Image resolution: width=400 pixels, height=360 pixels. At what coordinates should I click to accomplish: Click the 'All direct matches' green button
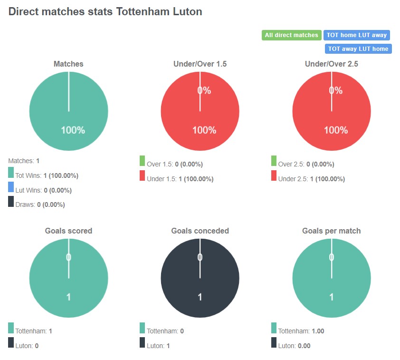pyautogui.click(x=291, y=35)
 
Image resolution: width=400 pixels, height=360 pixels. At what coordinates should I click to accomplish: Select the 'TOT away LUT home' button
pyautogui.click(x=358, y=49)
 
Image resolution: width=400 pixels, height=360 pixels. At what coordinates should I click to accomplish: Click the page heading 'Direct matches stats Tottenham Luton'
pyautogui.click(x=105, y=12)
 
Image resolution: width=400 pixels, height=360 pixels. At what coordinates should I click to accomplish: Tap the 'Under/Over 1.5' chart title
pyautogui.click(x=200, y=64)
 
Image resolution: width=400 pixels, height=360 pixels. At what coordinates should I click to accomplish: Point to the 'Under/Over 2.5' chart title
pyautogui.click(x=331, y=64)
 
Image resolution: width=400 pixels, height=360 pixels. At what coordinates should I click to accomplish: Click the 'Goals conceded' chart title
pyautogui.click(x=200, y=231)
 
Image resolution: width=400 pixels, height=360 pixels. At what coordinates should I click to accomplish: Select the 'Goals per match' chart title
pyautogui.click(x=331, y=231)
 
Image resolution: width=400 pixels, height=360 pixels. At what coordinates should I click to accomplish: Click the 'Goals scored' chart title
pyautogui.click(x=68, y=231)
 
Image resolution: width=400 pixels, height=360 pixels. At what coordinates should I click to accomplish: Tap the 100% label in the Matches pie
pyautogui.click(x=73, y=130)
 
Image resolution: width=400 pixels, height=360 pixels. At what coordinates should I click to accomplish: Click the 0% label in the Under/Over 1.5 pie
pyautogui.click(x=204, y=90)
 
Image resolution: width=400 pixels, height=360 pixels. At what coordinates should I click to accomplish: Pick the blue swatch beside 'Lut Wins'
pyautogui.click(x=11, y=187)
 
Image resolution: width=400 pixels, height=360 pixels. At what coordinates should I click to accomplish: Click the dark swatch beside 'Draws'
pyautogui.click(x=11, y=202)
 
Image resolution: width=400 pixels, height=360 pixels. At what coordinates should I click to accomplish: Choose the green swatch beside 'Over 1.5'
pyautogui.click(x=142, y=161)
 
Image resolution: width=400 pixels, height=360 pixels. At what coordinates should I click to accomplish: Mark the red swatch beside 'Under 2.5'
pyautogui.click(x=274, y=175)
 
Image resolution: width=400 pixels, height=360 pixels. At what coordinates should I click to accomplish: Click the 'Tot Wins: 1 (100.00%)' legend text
pyautogui.click(x=47, y=175)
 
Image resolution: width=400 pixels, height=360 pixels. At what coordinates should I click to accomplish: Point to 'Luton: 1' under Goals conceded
pyautogui.click(x=158, y=346)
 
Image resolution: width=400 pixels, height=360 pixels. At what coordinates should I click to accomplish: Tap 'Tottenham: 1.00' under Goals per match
pyautogui.click(x=294, y=331)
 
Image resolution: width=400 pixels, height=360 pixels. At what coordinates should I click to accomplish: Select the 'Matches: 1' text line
pyautogui.click(x=24, y=161)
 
